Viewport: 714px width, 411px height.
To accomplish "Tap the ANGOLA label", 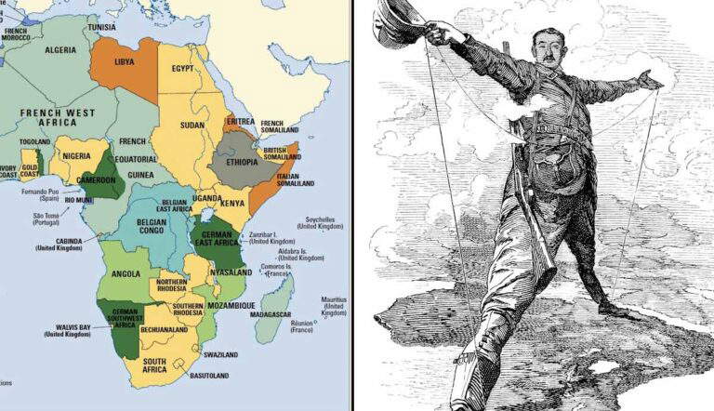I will (124, 273).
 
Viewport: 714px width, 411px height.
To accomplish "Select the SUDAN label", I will (192, 125).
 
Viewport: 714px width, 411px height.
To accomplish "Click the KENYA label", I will (232, 202).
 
